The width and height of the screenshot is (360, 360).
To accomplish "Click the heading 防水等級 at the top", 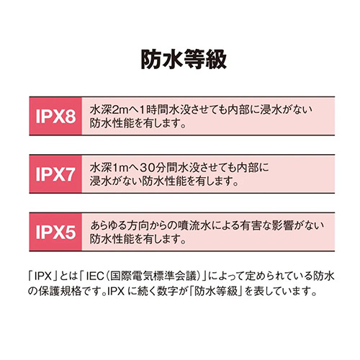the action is coord(184,59).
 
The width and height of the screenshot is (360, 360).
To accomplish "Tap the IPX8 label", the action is coord(55,117).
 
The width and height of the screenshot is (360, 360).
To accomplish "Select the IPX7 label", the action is coord(55,174).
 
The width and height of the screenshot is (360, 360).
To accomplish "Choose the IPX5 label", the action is coord(55,232).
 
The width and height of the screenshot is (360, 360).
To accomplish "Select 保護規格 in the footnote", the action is coord(60,291).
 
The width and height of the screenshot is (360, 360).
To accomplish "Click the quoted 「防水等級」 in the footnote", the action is coord(215,291).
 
